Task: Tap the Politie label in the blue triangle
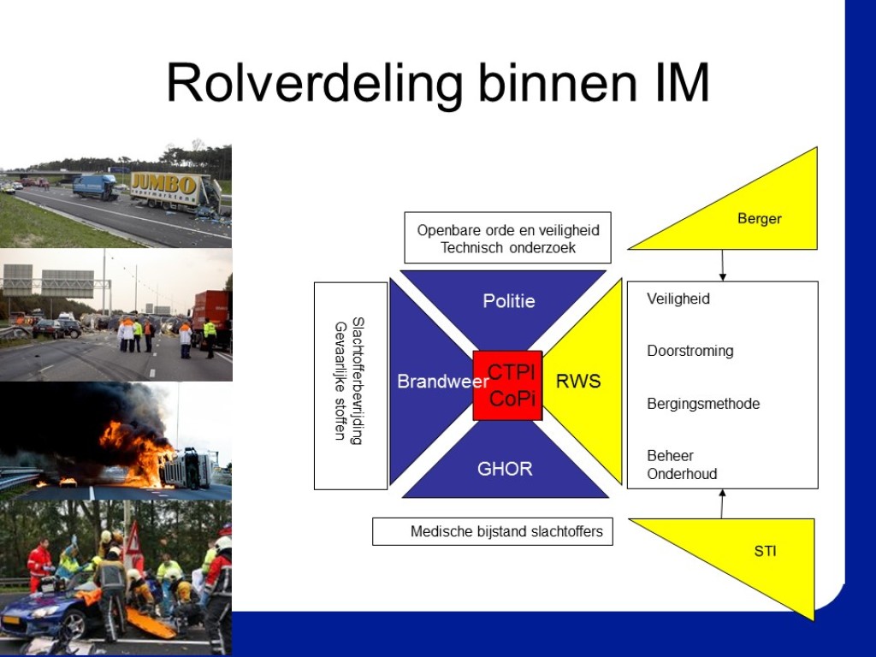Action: pos(509,301)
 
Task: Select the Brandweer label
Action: pos(443,381)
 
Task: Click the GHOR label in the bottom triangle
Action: pos(505,469)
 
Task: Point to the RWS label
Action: pos(578,381)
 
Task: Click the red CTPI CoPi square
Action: pos(507,386)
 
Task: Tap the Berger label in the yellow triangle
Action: pos(760,218)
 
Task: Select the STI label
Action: pos(765,552)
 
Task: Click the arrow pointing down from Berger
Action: pos(722,265)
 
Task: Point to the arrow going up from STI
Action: pos(722,504)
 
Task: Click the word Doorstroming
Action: pos(690,351)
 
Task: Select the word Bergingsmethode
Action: pos(703,404)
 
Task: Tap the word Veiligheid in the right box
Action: pos(678,299)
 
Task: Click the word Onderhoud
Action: pos(682,474)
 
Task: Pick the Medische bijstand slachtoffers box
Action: pos(492,531)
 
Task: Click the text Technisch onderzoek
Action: pos(508,248)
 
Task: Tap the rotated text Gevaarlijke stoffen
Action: pos(340,381)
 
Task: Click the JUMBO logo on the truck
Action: pos(163,184)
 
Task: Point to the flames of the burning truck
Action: pos(135,450)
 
